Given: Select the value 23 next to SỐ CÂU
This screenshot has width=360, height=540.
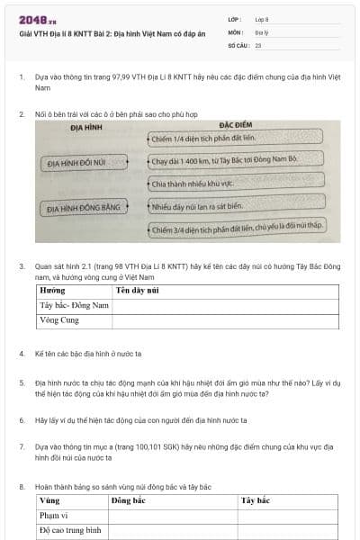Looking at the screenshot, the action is (258, 44).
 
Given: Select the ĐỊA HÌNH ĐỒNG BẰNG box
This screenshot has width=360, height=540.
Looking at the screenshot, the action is (84, 208).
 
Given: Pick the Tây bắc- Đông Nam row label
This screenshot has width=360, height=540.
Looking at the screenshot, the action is (74, 305).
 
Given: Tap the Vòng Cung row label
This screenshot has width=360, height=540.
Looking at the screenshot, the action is (59, 319).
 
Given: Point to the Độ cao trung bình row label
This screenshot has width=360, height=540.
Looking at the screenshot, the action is (69, 531).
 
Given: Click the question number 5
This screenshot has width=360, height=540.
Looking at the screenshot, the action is (22, 382).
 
